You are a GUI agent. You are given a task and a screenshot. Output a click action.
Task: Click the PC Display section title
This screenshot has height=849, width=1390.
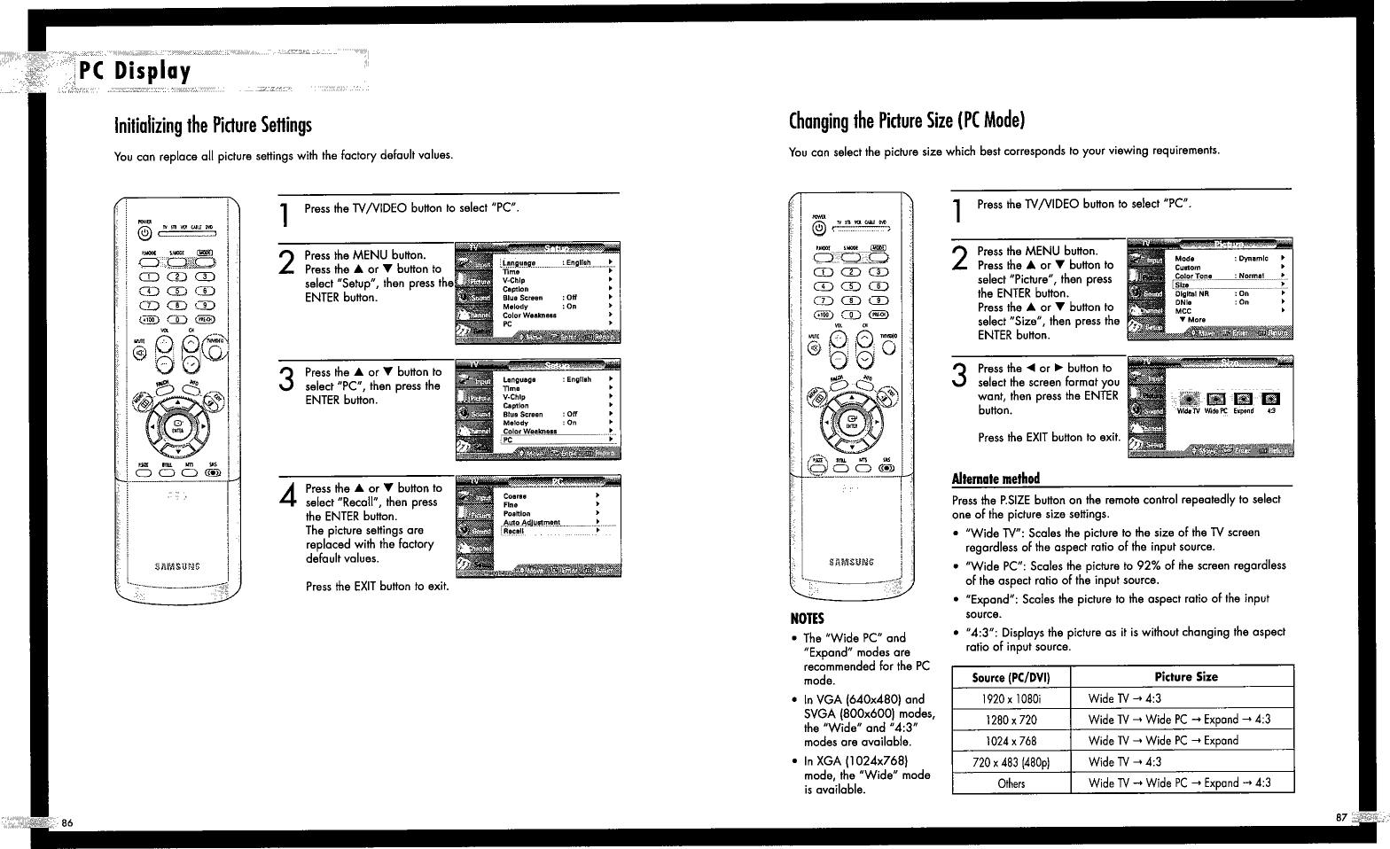click(x=135, y=72)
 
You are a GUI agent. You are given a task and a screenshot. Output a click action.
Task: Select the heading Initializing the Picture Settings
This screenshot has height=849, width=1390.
click(x=213, y=126)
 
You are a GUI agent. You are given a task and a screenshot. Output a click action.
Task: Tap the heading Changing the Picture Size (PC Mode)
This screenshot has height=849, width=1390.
click(x=907, y=121)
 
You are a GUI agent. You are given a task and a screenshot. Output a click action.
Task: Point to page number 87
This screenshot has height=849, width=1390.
click(x=1341, y=817)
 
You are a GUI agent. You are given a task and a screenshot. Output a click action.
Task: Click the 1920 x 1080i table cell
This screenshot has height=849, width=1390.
click(x=1011, y=698)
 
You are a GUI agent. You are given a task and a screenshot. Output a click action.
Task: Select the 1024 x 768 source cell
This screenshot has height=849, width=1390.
click(x=1011, y=741)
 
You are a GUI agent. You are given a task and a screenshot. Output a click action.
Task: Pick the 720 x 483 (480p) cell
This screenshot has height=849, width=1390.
click(x=1011, y=762)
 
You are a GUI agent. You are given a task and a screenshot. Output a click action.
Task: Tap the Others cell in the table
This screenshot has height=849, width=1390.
click(x=1011, y=783)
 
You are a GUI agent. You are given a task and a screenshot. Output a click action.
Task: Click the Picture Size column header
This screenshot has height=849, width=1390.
click(x=1185, y=677)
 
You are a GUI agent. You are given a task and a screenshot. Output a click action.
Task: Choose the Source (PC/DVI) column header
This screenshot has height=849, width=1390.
click(x=1011, y=677)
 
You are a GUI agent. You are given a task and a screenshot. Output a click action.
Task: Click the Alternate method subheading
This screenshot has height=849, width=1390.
click(x=996, y=479)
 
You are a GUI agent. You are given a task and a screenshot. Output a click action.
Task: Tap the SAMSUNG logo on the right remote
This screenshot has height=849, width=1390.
click(x=850, y=561)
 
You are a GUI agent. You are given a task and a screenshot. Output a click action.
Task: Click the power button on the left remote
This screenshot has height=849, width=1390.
click(x=144, y=234)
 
